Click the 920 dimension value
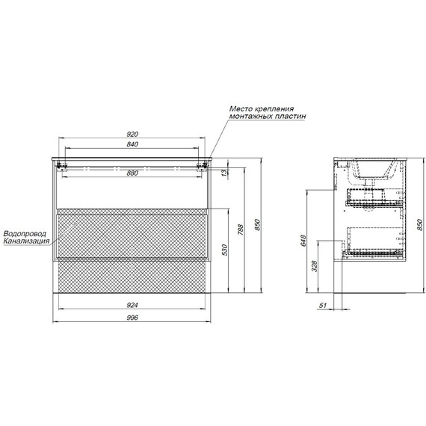click(x=132, y=134)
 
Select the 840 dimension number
click(x=132, y=144)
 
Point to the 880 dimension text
click(x=132, y=173)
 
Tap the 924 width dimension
click(x=132, y=305)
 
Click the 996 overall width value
click(x=132, y=318)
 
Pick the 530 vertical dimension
click(x=224, y=250)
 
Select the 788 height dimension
click(x=241, y=229)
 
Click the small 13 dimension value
click(x=224, y=173)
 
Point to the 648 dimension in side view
click(x=303, y=241)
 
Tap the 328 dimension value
click(x=315, y=266)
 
